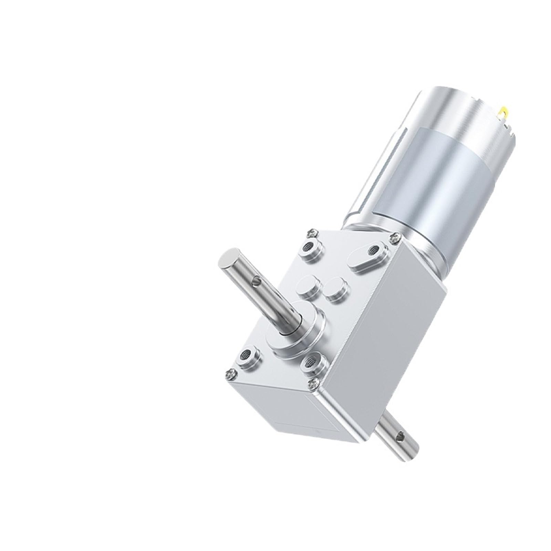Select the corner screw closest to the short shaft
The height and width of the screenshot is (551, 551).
[x=315, y=391]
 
